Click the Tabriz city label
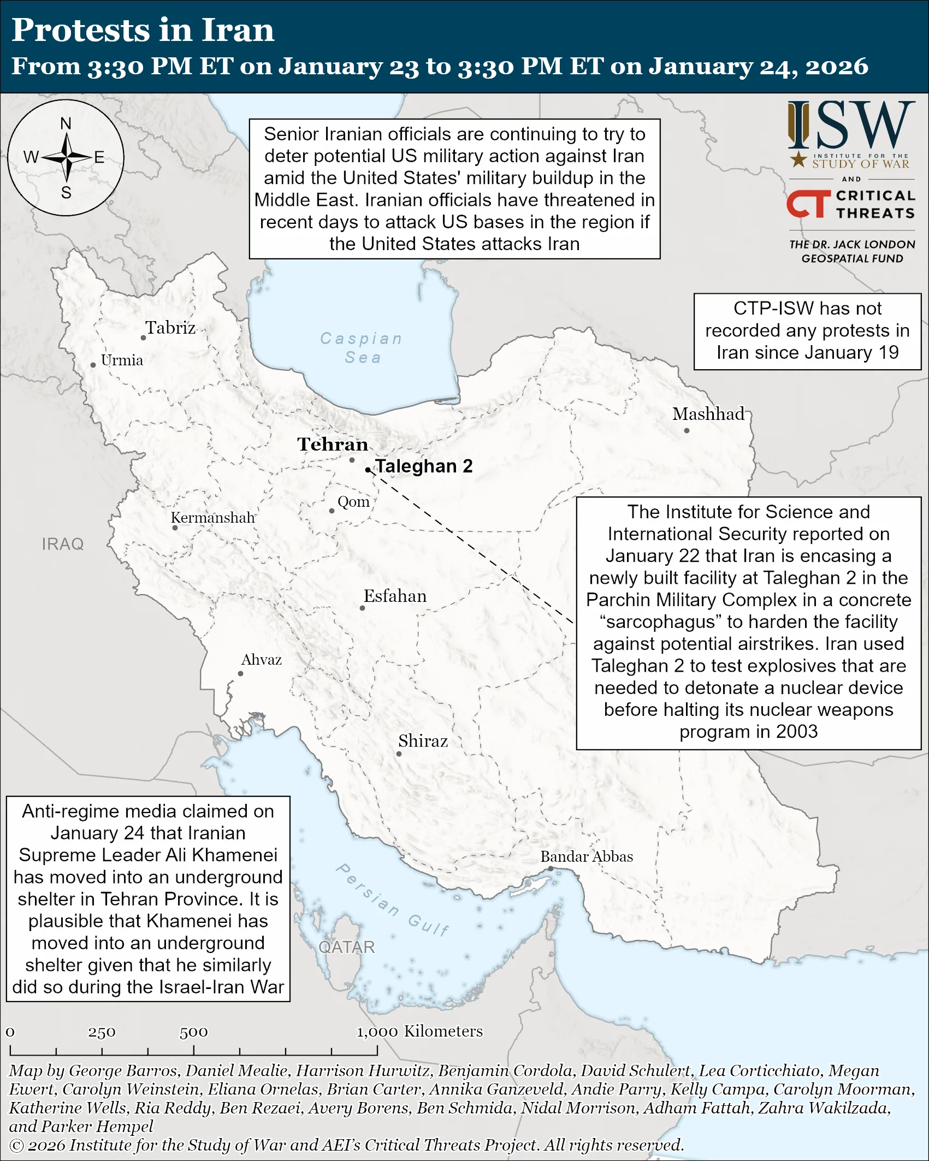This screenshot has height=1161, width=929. tap(170, 328)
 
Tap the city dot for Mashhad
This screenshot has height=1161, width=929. tap(687, 430)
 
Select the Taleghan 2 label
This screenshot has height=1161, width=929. tap(424, 466)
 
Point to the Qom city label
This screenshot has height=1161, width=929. tap(353, 501)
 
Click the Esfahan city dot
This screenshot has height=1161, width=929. tap(362, 608)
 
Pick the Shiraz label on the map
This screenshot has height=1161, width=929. tap(423, 741)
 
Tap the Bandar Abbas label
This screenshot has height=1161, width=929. tap(587, 856)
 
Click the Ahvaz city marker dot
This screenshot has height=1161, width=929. tap(240, 673)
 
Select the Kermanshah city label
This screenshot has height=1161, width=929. tap(213, 517)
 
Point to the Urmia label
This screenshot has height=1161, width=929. tap(122, 360)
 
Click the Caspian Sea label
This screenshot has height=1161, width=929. tap(362, 348)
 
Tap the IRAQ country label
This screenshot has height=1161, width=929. tap(63, 544)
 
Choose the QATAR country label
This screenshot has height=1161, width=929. tap(347, 947)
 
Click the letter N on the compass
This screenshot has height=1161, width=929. tap(66, 123)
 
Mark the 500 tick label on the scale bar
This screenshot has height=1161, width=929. tap(193, 1032)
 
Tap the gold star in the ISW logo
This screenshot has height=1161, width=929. tap(798, 159)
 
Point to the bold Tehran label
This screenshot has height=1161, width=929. tap(333, 444)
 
